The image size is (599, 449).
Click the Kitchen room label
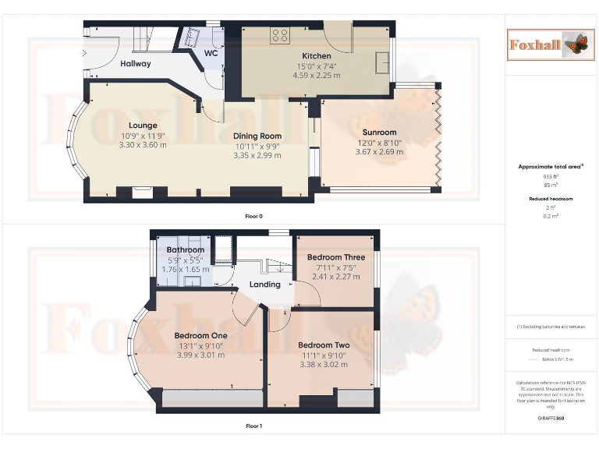point(317,56)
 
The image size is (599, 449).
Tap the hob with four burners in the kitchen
point(280,35)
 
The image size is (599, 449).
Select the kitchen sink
point(382,62)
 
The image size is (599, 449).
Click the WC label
point(211,53)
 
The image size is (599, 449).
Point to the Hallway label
point(136,64)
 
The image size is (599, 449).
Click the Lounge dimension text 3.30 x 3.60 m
point(143,144)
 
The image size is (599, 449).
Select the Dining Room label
point(257,136)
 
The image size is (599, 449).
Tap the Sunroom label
point(379,132)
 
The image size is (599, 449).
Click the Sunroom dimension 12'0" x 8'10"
point(379,142)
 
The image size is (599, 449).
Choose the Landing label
point(264,285)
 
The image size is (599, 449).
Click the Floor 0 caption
point(253,215)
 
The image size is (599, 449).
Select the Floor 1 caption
point(253,426)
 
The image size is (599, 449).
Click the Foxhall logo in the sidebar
point(550,44)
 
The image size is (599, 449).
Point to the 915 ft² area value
point(551,177)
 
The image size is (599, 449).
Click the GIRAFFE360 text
point(551,419)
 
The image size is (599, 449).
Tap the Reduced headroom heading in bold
point(551,200)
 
